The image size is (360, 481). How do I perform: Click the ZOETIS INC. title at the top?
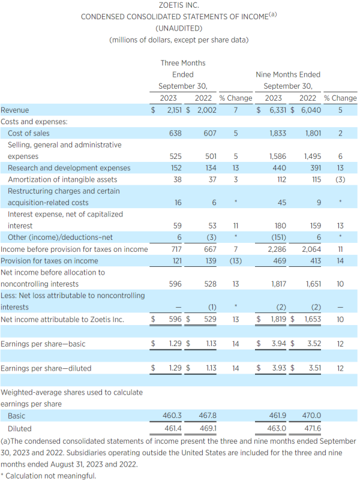coord(179,5)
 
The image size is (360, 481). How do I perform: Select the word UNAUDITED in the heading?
coord(179,29)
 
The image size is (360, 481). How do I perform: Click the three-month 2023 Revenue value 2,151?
coord(175,110)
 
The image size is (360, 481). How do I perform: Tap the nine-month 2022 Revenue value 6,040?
coord(311,110)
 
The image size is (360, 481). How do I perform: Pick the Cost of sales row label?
coord(29,133)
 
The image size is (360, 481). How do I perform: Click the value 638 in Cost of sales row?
coord(175,133)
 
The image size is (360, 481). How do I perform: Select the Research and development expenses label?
coord(69,168)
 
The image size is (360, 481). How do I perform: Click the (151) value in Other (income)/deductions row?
coord(279,238)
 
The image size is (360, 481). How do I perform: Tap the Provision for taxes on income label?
coord(49,261)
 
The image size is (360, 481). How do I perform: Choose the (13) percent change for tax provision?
coord(236,261)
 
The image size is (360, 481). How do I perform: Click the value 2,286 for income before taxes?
coord(277,249)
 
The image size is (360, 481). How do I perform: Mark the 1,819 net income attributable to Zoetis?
coord(278,319)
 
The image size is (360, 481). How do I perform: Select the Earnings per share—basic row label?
coord(43,344)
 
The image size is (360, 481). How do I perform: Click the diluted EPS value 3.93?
coord(279,368)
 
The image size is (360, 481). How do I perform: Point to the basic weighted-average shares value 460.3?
coord(172,416)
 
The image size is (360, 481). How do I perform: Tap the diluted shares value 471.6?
coord(313,428)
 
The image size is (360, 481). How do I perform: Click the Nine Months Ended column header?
coord(288,74)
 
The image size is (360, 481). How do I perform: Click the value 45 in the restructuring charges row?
coord(282,203)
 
